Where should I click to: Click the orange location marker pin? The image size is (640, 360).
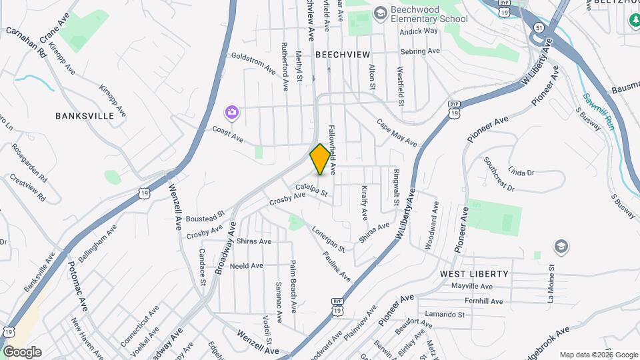point(320,159)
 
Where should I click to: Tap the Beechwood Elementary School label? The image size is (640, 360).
point(429,13)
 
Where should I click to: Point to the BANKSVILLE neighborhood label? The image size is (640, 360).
point(85,115)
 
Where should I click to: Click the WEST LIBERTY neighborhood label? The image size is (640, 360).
point(474,274)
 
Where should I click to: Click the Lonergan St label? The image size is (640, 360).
point(328,239)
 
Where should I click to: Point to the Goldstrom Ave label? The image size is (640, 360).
point(253,62)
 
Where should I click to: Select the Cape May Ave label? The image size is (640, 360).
point(397,133)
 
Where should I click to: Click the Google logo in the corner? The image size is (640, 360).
point(22,352)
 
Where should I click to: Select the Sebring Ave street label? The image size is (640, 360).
point(420,51)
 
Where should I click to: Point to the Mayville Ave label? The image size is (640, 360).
point(471,286)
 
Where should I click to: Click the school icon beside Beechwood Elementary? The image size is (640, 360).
point(380,13)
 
